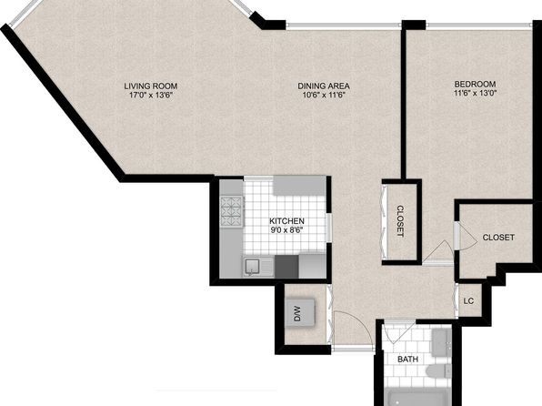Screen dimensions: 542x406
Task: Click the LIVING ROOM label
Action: coord(151,86)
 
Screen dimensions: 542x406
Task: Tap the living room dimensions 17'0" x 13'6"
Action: coord(151,96)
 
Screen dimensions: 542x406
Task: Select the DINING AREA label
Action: coord(324,86)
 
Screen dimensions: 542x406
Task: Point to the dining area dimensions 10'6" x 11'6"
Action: coord(324,96)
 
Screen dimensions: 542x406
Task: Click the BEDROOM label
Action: coord(475,84)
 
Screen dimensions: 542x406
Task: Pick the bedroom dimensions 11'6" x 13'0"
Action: coord(475,93)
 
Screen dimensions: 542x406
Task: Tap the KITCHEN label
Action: coord(286,221)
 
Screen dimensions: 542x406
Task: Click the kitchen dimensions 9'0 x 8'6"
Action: coord(286,229)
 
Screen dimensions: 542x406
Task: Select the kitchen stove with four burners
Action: coord(232,211)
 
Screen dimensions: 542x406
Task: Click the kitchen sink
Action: coord(253,267)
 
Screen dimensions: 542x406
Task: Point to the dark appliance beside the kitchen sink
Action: coord(286,267)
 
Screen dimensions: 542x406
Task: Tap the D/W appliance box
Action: coord(300,312)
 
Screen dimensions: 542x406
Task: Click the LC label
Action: coord(468,301)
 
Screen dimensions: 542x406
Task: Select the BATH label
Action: coord(408,360)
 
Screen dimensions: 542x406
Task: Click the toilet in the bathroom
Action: coord(438,371)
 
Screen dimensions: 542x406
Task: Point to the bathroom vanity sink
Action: coord(440,342)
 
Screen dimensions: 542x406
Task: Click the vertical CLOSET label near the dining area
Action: coord(400,221)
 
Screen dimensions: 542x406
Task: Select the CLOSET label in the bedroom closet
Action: coord(498,238)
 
